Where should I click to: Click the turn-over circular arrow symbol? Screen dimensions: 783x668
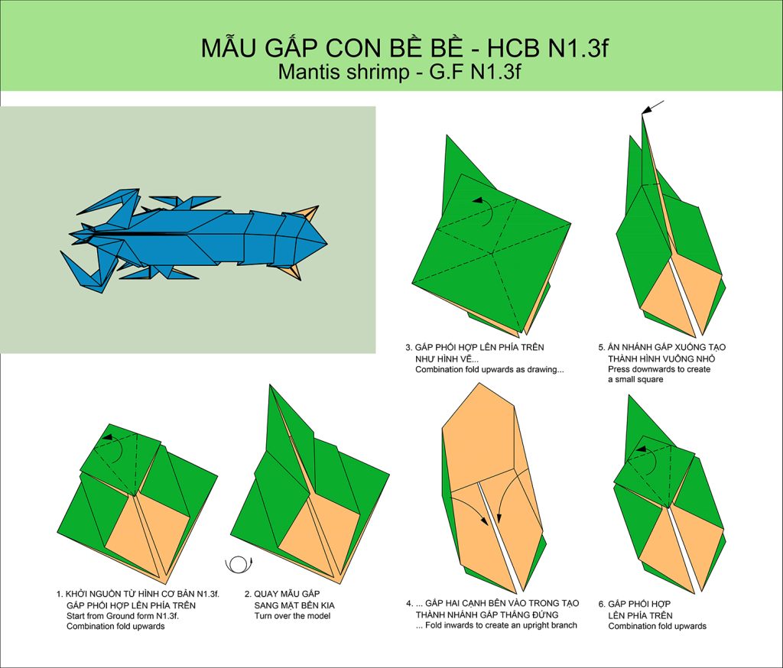tap(239, 564)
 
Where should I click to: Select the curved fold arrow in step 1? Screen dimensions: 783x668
tap(114, 447)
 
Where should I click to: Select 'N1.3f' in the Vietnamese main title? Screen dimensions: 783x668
tap(578, 48)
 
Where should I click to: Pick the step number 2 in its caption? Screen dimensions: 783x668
tap(248, 594)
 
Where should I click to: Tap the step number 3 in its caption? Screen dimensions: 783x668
tap(408, 347)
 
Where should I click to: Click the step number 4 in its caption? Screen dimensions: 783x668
tap(409, 603)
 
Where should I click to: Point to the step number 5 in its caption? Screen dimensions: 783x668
tap(601, 347)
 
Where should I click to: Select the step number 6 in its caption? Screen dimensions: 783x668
tap(601, 604)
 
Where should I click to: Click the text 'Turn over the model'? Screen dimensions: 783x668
tap(292, 615)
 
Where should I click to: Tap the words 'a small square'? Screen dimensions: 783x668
tap(635, 379)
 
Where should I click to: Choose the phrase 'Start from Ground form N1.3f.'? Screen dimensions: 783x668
tap(122, 615)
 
